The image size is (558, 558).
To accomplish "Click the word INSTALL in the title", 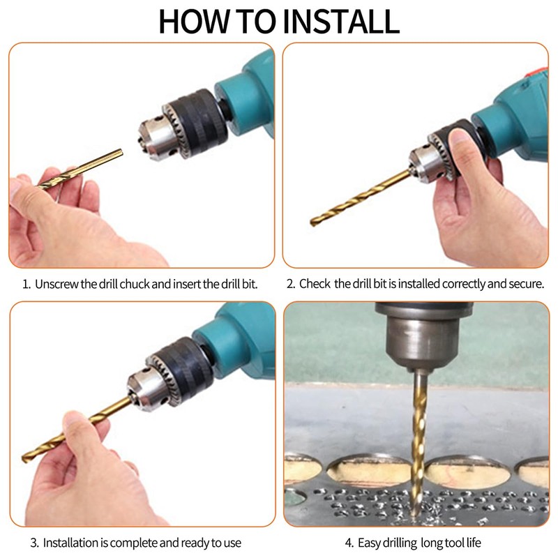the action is (x=340, y=22).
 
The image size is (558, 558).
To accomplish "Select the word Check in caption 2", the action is (x=315, y=284).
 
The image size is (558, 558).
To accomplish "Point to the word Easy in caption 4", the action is (x=369, y=543).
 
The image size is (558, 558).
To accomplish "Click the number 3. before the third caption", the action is (x=34, y=543).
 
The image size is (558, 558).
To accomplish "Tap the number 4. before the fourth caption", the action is (x=349, y=543).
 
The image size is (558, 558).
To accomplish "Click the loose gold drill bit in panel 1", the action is (x=80, y=169).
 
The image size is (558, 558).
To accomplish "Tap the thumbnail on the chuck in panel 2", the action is (x=460, y=137).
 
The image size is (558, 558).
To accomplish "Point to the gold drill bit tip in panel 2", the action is (x=313, y=223).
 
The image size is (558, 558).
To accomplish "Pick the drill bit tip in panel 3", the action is (x=24, y=459).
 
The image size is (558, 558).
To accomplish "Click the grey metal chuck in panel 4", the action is (x=423, y=338).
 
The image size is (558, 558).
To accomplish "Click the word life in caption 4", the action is (x=474, y=543).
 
